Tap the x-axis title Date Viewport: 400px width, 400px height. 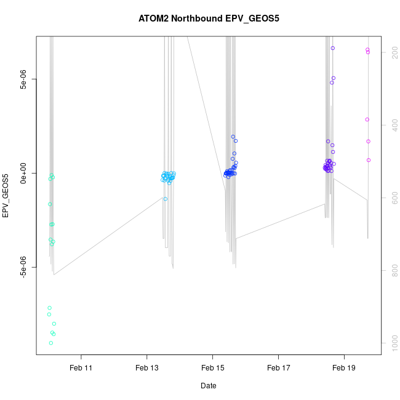(208, 386)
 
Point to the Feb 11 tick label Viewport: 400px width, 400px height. (81, 368)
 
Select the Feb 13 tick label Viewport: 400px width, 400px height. (146, 368)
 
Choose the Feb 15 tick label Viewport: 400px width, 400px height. (212, 368)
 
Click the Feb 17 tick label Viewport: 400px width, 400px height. (278, 368)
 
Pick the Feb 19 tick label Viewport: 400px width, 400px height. (344, 368)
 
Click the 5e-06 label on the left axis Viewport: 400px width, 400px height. (23, 79)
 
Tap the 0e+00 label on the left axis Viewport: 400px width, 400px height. (23, 174)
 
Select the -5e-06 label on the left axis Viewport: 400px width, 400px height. (23, 268)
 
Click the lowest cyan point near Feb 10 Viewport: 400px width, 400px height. (50, 343)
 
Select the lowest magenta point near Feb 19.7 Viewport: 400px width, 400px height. (369, 160)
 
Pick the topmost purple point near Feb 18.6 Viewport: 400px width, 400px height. (333, 48)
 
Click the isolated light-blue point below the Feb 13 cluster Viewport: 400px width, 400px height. (166, 199)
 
